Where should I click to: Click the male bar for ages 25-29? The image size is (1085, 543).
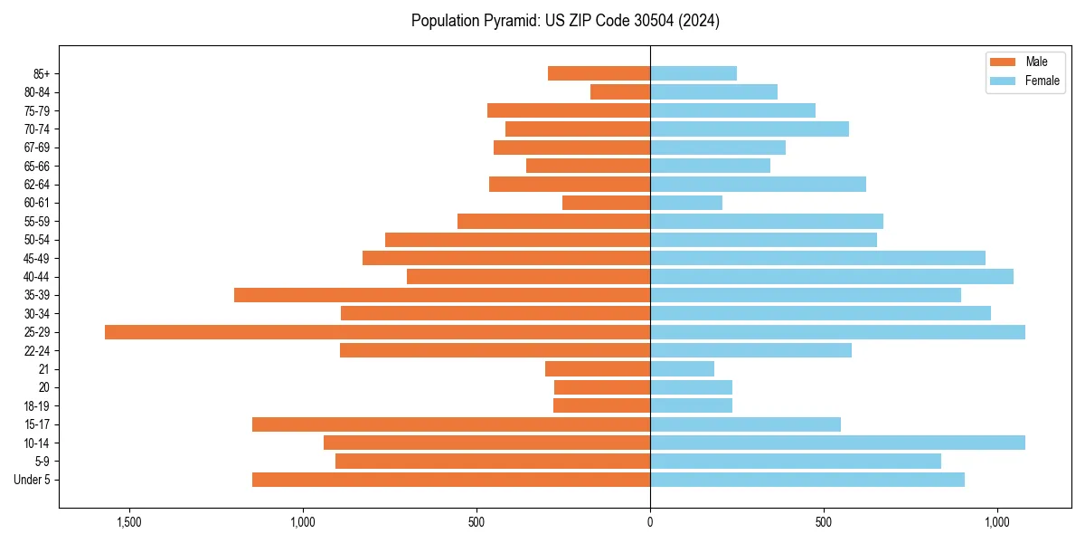coord(377,332)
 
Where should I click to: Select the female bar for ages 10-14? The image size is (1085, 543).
coord(837,443)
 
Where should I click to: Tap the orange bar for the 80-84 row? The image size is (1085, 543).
coord(620,91)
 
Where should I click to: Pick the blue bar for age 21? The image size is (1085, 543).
coord(682,368)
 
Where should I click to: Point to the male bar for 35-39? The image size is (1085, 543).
coord(442,295)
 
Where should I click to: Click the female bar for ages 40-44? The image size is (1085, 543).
coord(832,276)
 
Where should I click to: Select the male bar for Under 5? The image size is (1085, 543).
coord(451,480)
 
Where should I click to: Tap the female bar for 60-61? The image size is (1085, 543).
coord(686,203)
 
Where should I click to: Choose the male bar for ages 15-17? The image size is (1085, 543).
coord(451,424)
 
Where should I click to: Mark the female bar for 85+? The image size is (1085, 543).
coord(693,73)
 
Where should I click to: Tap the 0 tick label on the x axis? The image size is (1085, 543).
coord(650,523)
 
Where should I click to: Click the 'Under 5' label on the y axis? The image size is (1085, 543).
coord(32,480)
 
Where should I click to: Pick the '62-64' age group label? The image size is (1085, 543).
coord(37,185)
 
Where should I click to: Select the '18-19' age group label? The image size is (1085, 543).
coord(37,406)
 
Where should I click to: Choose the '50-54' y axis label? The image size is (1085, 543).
coord(37,240)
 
